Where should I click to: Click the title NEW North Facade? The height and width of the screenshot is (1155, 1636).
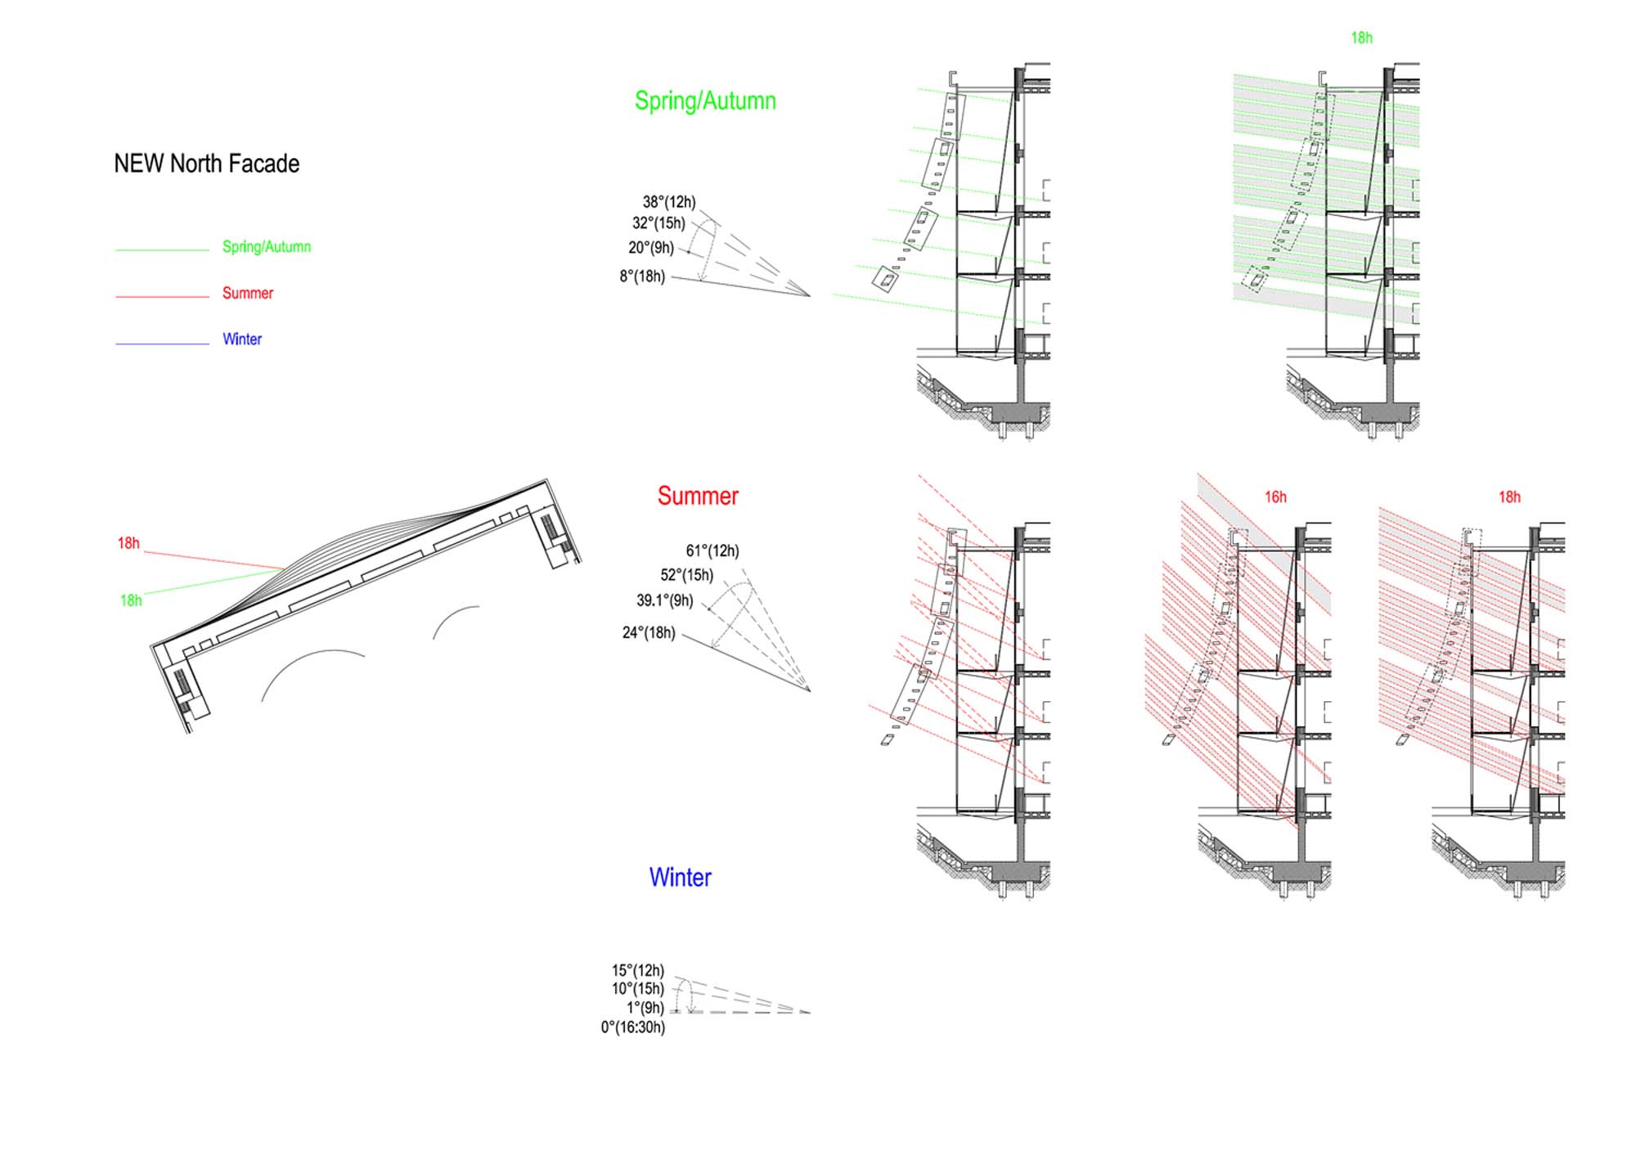click(206, 164)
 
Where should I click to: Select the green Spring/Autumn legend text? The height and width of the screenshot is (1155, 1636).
click(267, 247)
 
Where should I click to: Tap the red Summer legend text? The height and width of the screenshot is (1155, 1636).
click(248, 293)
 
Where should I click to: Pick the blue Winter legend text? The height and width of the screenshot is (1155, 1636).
click(242, 339)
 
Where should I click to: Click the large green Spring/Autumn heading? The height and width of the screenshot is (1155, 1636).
click(705, 101)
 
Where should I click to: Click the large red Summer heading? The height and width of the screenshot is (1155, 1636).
click(698, 496)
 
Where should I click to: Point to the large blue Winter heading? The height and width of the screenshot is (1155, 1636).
click(680, 878)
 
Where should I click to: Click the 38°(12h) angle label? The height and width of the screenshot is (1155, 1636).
click(669, 202)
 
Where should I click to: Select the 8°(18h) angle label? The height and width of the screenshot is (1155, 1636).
click(642, 276)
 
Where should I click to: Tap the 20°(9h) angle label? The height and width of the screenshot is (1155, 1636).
click(651, 248)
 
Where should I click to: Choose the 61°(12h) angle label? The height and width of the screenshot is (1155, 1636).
click(712, 551)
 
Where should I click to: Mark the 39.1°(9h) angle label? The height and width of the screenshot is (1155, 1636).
click(665, 600)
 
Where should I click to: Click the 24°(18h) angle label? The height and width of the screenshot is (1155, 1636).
click(649, 633)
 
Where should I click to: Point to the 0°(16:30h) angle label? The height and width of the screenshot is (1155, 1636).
click(633, 1027)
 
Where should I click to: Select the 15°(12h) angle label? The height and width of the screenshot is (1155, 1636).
click(638, 971)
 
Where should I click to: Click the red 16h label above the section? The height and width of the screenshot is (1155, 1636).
click(1275, 497)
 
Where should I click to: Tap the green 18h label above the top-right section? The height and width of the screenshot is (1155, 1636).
click(1362, 38)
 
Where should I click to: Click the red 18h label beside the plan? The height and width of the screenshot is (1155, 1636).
click(128, 543)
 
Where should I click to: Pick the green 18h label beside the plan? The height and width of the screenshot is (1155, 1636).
click(131, 600)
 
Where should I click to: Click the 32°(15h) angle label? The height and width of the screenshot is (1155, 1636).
click(658, 223)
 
